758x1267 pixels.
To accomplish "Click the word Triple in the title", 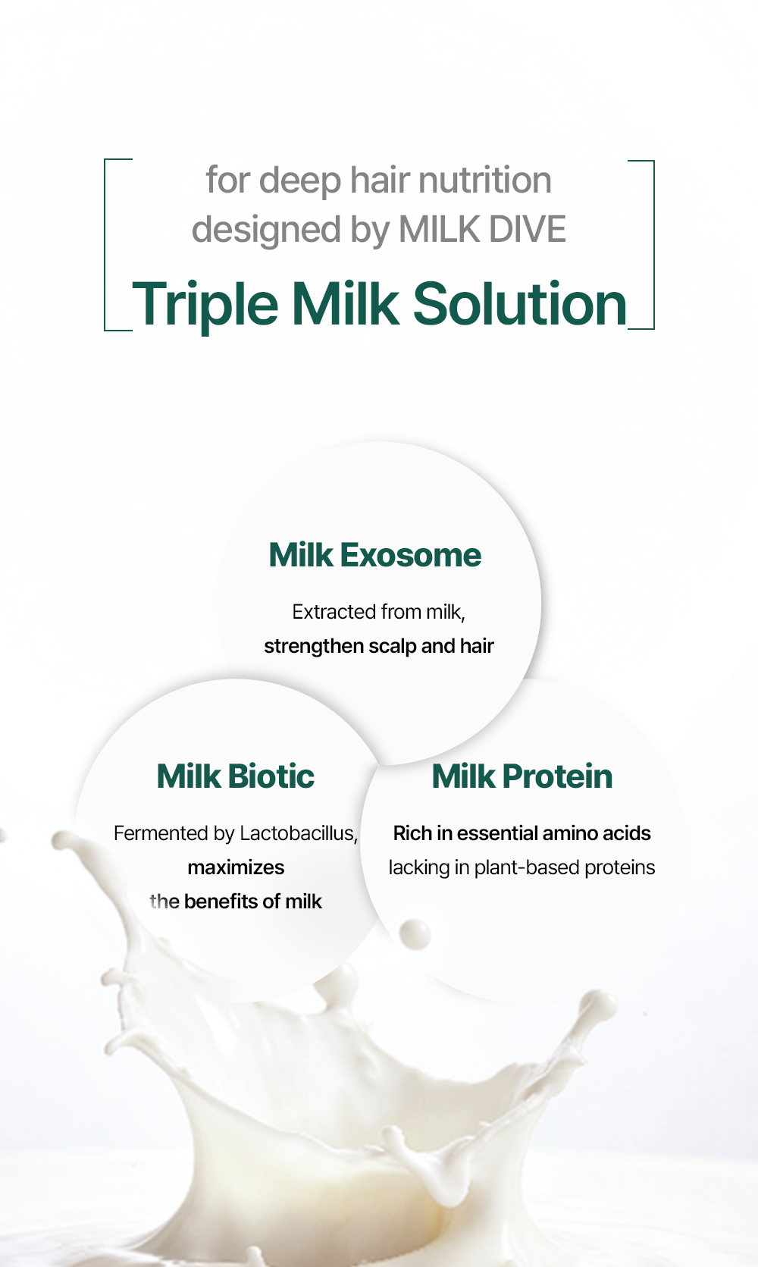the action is [205, 306].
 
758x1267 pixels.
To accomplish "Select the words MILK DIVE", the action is [481, 229].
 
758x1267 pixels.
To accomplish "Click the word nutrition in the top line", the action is [484, 180].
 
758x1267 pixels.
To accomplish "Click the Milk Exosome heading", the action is [374, 555].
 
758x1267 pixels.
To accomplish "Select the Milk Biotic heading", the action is [235, 776].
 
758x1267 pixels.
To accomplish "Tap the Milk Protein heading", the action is [522, 776].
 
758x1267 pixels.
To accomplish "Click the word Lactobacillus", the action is [299, 833].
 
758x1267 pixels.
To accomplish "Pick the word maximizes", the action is [236, 867].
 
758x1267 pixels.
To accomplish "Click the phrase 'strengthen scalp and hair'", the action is [379, 646].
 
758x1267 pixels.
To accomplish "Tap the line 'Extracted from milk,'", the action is [378, 612].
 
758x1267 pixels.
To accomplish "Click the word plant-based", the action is [527, 867].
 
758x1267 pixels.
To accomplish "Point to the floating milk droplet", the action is [415, 933].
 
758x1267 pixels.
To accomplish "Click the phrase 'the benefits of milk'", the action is [236, 901].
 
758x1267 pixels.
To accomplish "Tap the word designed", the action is [266, 231].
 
